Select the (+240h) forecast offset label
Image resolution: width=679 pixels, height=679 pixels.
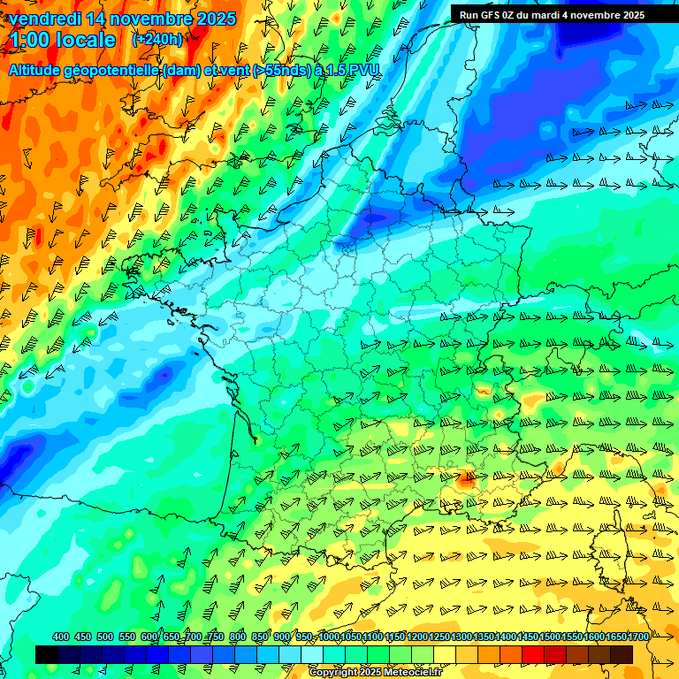coord(157,40)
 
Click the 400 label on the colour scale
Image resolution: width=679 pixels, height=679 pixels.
coord(61,637)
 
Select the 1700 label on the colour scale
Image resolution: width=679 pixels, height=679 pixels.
coord(639,637)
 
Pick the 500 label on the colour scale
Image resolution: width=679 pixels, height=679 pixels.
coord(105,637)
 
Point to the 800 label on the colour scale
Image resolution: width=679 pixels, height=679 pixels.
coord(238,637)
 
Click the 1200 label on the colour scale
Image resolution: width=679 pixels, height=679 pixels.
coord(418,637)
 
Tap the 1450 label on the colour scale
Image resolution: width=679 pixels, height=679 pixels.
coord(529,637)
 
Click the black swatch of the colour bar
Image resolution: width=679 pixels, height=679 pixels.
coord(47,654)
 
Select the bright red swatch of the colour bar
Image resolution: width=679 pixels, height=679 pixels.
coord(533,654)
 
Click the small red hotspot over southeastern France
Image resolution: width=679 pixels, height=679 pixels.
coord(466,480)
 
